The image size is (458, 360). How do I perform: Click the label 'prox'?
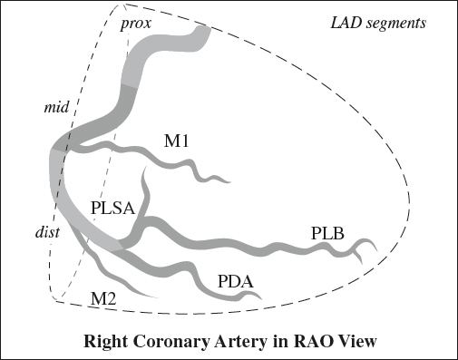(135, 22)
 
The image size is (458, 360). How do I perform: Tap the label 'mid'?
(57, 109)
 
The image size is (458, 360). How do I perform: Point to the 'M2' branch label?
(104, 296)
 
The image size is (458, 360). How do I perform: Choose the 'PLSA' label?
(112, 209)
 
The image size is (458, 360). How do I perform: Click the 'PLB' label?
(326, 233)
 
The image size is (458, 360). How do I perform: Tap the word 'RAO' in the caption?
(299, 343)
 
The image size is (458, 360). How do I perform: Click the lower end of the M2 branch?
(155, 296)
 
